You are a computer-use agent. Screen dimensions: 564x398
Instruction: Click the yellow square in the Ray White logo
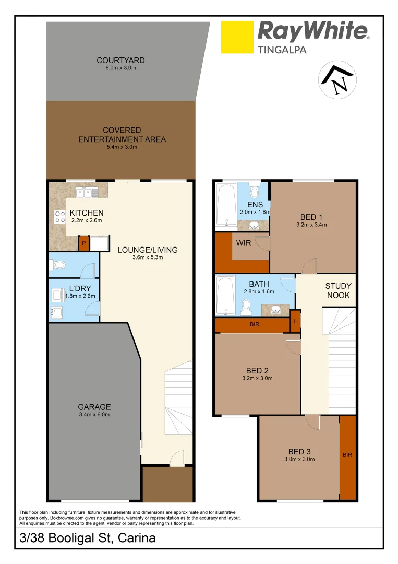point(237,37)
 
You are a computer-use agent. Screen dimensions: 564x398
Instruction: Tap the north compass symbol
point(337,81)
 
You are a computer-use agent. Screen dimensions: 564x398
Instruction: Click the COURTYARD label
point(120,61)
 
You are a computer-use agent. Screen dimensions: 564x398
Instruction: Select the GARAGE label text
point(94,407)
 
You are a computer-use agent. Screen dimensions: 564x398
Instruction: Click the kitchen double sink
point(87,193)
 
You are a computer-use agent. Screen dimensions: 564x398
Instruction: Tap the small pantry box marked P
point(83,243)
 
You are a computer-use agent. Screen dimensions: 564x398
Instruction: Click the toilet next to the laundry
point(58,266)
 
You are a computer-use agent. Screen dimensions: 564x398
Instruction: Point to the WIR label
point(244,243)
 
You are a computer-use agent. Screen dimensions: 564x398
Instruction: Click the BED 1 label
point(312,217)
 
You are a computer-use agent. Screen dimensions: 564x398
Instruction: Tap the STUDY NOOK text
point(338,291)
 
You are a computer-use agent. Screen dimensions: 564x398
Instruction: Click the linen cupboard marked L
point(296,321)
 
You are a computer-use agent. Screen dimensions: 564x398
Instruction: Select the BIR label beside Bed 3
point(347,455)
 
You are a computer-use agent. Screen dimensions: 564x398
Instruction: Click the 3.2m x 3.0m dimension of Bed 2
point(257,379)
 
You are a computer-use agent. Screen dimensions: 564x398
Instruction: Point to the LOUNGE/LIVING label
point(147,250)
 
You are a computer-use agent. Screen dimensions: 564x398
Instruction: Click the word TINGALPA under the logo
point(282,50)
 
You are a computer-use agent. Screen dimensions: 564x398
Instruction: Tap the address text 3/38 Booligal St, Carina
point(88,537)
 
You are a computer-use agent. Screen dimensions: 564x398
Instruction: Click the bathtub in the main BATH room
point(225,296)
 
